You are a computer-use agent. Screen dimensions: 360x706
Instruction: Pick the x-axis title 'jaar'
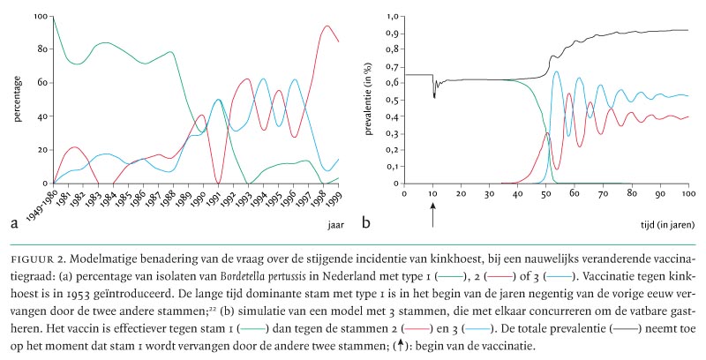pos(334,225)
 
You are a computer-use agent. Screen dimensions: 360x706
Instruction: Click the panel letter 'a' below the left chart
pos(15,224)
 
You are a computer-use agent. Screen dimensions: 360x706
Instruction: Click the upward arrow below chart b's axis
pos(432,214)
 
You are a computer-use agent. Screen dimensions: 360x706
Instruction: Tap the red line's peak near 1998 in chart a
pos(327,26)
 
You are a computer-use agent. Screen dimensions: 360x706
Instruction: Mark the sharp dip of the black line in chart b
pos(433,95)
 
